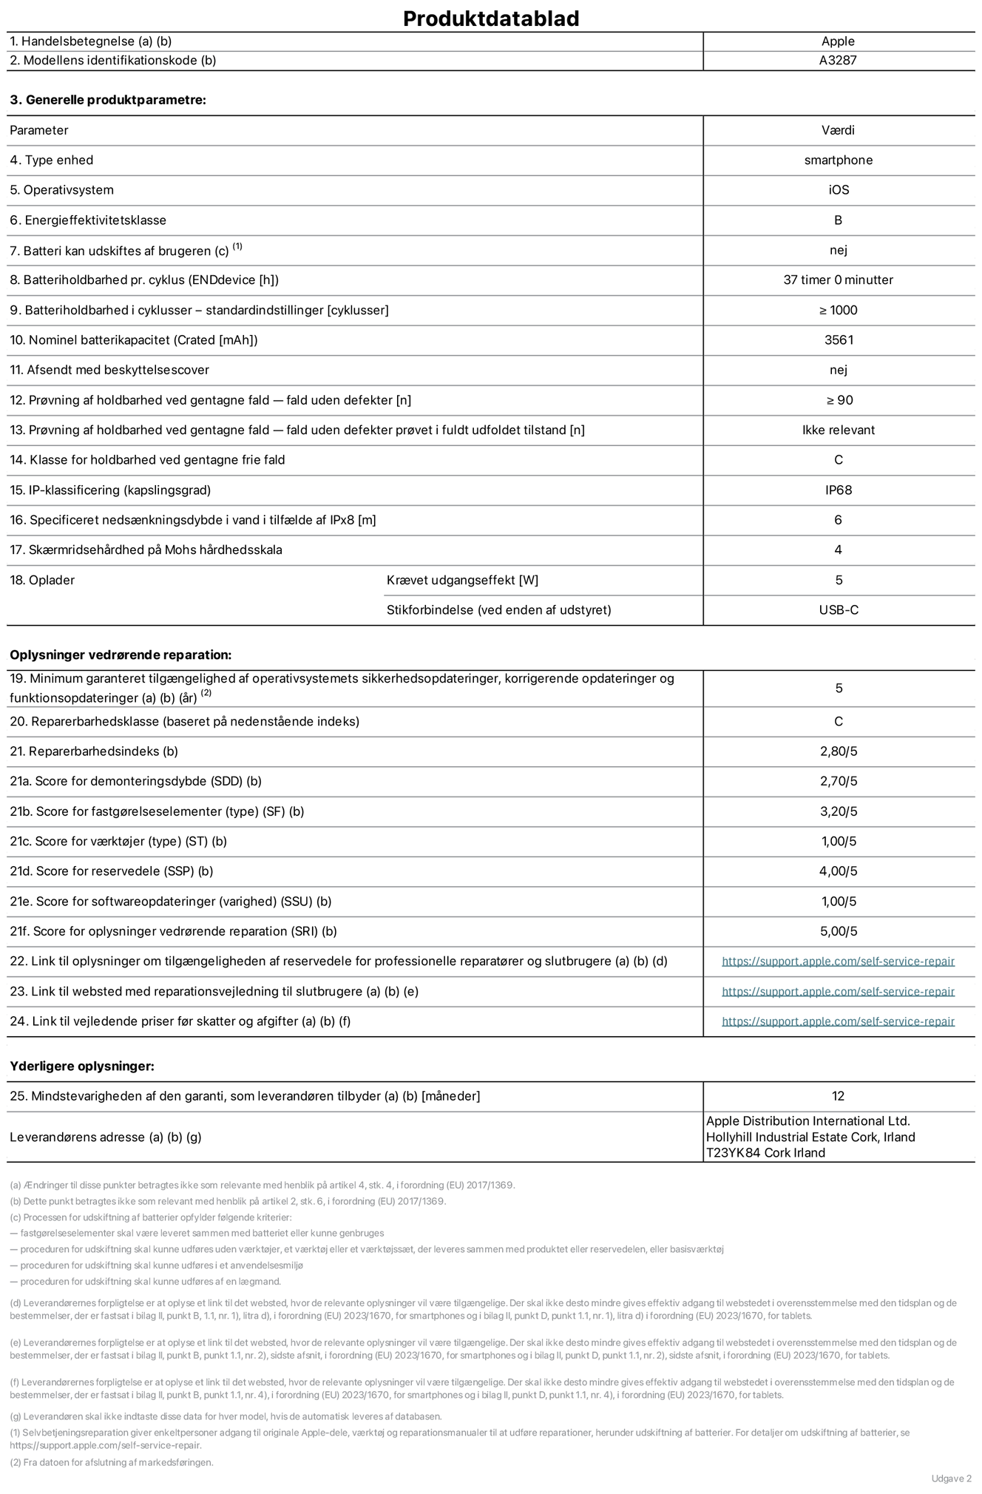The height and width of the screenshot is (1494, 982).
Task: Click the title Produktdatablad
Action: tap(491, 18)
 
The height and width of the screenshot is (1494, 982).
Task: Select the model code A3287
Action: tap(838, 61)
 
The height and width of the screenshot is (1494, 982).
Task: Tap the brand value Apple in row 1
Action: tap(838, 41)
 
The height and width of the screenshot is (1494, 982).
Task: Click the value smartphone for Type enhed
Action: tap(838, 160)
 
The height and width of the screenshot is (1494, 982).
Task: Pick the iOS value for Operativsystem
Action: tap(839, 190)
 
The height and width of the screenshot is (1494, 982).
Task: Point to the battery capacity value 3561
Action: tap(839, 340)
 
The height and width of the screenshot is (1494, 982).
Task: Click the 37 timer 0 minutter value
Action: tap(838, 280)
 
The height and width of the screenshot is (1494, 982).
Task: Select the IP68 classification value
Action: tap(839, 490)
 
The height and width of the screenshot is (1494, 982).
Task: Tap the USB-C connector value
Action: tap(839, 610)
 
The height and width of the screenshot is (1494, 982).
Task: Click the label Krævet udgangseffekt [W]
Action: tap(462, 581)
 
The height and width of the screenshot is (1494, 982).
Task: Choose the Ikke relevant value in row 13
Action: tap(839, 430)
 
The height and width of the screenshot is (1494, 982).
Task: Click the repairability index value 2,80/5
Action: tap(839, 751)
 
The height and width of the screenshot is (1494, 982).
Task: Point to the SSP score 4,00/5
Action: tap(839, 871)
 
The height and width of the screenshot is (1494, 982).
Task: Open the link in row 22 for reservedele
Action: tap(838, 961)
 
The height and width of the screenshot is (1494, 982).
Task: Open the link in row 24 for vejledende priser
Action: tap(838, 1021)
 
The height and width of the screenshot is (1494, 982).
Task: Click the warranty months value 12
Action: tap(838, 1096)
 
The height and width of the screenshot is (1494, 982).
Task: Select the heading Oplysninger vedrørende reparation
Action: tap(121, 655)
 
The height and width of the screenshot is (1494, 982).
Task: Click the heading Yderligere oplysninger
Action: tap(82, 1067)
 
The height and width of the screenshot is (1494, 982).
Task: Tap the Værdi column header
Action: tap(838, 130)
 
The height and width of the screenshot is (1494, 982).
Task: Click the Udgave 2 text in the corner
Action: tap(951, 1478)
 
